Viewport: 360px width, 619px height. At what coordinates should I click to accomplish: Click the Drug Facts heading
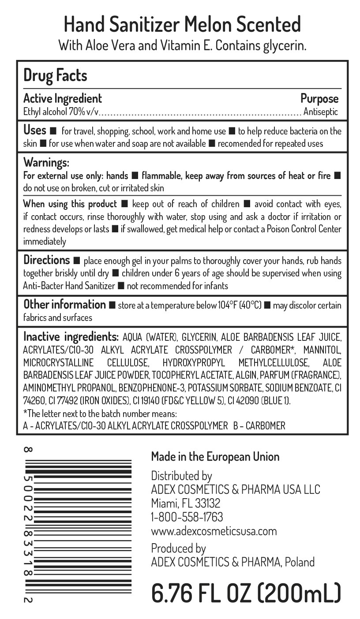pos(55,75)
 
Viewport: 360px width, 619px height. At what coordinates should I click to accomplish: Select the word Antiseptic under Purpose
pos(321,112)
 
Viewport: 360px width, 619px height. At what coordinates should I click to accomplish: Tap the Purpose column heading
pos(319,98)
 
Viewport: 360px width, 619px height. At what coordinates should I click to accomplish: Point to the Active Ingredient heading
pos(62,98)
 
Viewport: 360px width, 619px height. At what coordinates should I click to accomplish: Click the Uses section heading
pos(34,131)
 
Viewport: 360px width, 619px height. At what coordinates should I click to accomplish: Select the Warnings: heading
pos(46,163)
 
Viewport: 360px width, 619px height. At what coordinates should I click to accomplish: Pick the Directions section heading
pos(46,260)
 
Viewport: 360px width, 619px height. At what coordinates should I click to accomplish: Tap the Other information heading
pos(64,305)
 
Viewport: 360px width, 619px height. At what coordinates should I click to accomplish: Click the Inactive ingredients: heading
pos(71,337)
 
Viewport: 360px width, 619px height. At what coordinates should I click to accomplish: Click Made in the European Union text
pos(215,456)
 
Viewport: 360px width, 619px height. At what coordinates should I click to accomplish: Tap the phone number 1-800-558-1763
pos(187,517)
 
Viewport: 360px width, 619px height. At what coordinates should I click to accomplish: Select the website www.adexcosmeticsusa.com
pos(214,531)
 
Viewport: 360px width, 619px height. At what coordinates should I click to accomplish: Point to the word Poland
pos(300,562)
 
